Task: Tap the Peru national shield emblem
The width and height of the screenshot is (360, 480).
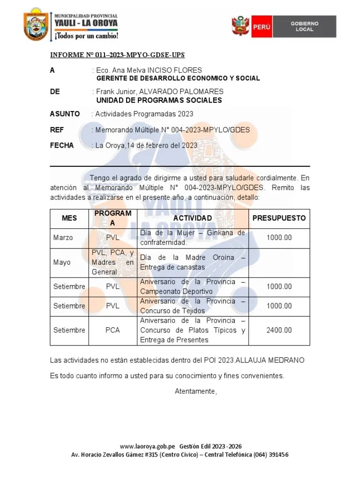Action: pos(240,27)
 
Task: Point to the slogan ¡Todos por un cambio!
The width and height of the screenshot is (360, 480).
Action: pos(86,36)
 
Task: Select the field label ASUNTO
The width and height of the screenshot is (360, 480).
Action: pos(65,114)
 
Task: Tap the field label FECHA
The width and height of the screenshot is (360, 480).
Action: pos(62,145)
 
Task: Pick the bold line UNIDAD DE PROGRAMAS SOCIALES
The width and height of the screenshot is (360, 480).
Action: pos(159,100)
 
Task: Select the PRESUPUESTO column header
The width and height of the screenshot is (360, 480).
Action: pos(279,218)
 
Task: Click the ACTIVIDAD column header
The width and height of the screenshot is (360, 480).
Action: pos(192,218)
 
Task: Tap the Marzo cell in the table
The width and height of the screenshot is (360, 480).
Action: pos(63,238)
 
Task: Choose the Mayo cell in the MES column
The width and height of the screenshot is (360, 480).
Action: pos(62,262)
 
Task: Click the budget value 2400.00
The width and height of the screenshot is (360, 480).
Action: pos(279,330)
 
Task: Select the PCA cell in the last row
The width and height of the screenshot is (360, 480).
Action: pos(112,330)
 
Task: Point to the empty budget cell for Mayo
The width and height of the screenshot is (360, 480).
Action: pos(279,262)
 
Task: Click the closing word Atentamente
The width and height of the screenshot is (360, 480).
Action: pos(196,391)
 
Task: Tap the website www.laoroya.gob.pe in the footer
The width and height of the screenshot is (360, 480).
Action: pos(147,446)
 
